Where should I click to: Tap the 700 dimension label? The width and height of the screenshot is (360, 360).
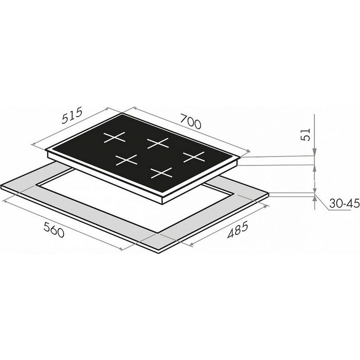tap(191, 121)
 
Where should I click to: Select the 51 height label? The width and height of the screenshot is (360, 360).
tap(306, 135)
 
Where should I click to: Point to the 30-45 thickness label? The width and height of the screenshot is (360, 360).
tap(344, 203)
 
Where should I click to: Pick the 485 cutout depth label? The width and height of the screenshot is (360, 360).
tap(237, 229)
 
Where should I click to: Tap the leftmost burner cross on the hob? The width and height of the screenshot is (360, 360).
tap(114, 137)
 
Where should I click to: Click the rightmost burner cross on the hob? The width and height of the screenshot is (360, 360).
tap(194, 157)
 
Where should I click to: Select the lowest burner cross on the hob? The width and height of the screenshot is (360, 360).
tap(161, 173)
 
